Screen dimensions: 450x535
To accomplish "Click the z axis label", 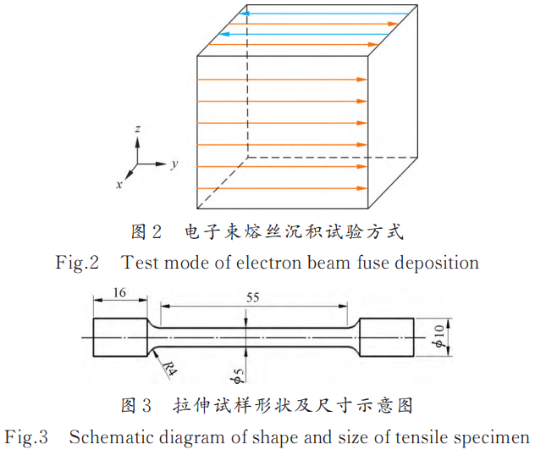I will tap(137, 128).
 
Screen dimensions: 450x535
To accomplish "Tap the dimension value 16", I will tap(119, 292).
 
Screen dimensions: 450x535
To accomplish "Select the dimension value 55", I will tap(253, 297).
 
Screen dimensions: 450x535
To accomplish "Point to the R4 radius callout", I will tap(168, 368).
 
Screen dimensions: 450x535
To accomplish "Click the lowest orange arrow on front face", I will tap(282, 187).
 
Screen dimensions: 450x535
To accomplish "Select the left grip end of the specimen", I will tap(119, 339).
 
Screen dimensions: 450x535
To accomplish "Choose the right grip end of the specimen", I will tap(388, 339).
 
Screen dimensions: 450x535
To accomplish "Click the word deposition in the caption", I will tap(434, 262).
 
